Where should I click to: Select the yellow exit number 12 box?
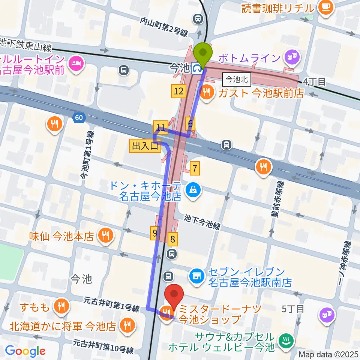[x=179, y=90]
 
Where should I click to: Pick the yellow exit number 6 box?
[x=190, y=123]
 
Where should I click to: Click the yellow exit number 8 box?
[x=173, y=238]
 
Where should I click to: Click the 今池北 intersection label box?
[x=237, y=79]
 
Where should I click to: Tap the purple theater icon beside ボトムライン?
[x=291, y=57]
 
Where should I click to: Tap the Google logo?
[x=25, y=351]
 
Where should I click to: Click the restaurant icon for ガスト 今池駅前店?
[x=206, y=91]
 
